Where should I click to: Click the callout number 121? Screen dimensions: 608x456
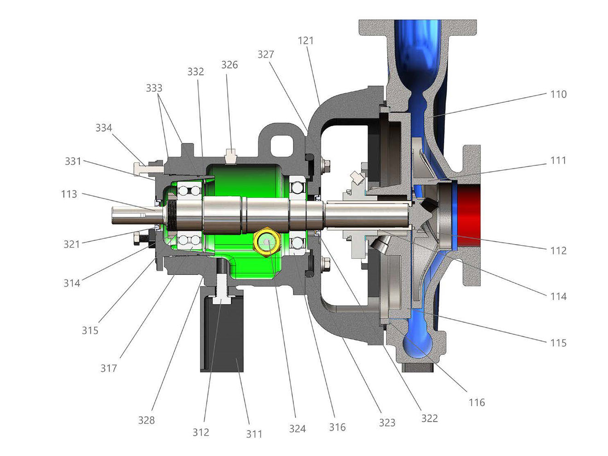(305, 41)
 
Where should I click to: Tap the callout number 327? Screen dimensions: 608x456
(266, 54)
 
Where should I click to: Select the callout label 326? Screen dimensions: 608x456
(229, 65)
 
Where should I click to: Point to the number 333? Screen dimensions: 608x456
(154, 88)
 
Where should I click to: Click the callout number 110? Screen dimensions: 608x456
(558, 94)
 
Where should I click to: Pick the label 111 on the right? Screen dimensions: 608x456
(558, 160)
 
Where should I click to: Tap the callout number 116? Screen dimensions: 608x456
(477, 402)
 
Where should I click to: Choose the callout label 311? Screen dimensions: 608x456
(254, 434)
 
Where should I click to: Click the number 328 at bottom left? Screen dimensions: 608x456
(146, 420)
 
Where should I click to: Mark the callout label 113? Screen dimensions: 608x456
(69, 194)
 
